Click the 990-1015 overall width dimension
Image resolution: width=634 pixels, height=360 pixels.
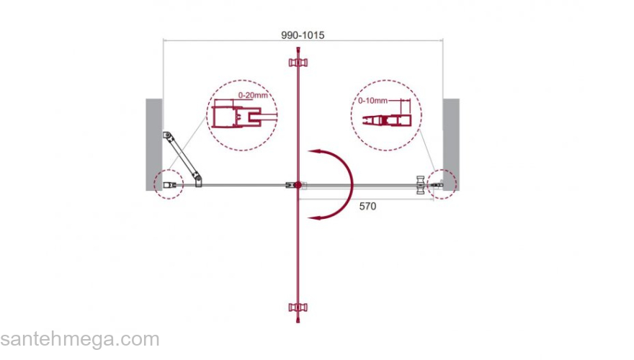[x=303, y=35]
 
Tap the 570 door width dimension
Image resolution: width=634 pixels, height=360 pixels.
[x=367, y=206]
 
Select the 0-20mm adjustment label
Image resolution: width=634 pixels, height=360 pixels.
[x=253, y=95]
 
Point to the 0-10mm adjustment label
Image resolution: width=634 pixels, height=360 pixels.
[x=372, y=101]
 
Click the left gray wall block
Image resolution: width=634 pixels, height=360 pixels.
[x=154, y=145]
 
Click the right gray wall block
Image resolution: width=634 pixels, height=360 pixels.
[x=451, y=145]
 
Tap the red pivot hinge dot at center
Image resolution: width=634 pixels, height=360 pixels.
[x=298, y=185]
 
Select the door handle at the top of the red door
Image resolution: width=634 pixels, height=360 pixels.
[x=298, y=62]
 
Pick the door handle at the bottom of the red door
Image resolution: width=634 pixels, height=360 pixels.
[x=298, y=307]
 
